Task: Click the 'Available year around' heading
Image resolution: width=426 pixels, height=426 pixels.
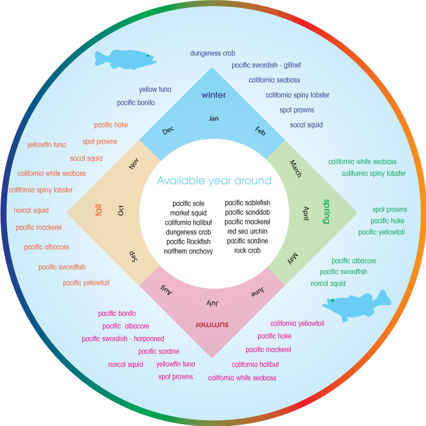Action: (x=214, y=181)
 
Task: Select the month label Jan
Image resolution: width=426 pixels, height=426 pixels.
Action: (x=214, y=118)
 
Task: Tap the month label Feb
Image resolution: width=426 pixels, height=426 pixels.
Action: (x=260, y=130)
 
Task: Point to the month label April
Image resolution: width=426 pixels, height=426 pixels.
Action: (x=306, y=213)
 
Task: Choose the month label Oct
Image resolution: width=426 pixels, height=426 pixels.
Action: (x=122, y=210)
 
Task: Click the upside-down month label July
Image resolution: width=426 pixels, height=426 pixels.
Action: (x=213, y=303)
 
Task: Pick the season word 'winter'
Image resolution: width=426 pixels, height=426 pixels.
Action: (x=214, y=95)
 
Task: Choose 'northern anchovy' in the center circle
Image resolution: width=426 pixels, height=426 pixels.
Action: (x=185, y=251)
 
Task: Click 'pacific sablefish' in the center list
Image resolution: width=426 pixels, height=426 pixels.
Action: (x=247, y=203)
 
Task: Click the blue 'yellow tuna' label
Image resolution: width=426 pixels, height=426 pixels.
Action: (x=155, y=89)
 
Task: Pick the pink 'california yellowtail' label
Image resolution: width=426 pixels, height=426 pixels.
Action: (x=297, y=323)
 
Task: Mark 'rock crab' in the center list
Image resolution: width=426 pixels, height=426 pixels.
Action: (x=244, y=250)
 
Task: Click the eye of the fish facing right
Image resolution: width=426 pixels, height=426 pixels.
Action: (x=147, y=55)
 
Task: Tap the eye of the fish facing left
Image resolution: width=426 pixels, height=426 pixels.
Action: (x=333, y=301)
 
